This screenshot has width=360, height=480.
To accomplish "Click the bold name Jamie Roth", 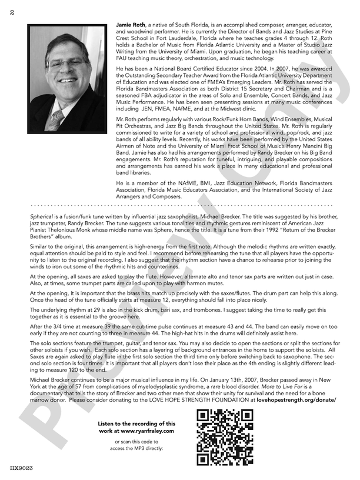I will [x=132, y=22].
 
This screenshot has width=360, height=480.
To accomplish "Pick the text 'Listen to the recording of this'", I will [x=136, y=424].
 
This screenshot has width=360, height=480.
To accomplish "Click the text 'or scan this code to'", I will [x=136, y=441].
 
